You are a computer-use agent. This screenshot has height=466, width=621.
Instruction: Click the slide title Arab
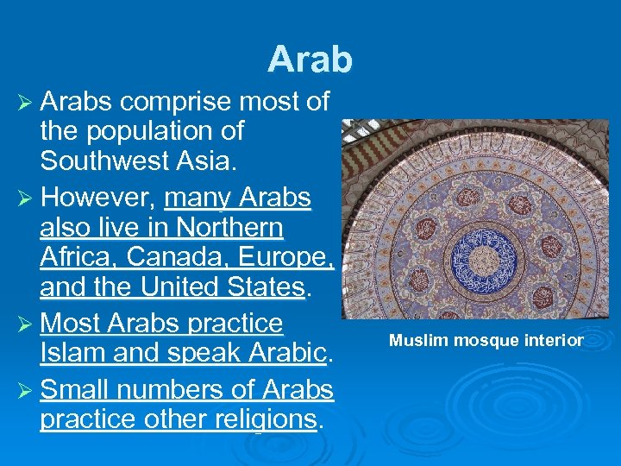point(310,59)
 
